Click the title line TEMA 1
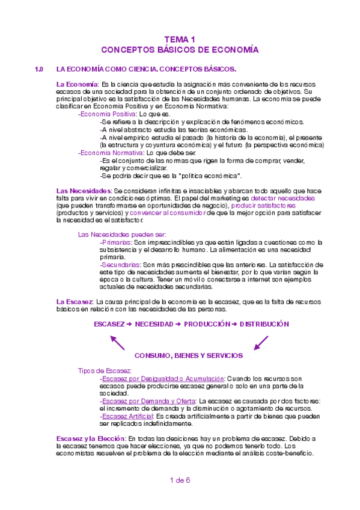pyautogui.click(x=180, y=38)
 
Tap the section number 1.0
pyautogui.click(x=40, y=69)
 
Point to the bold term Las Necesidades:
pyautogui.click(x=83, y=191)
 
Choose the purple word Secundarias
pyautogui.click(x=120, y=265)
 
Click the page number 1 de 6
pyautogui.click(x=180, y=480)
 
